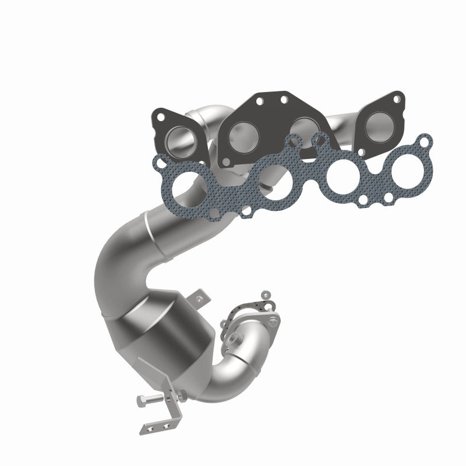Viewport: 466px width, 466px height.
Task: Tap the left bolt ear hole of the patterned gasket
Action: click(x=163, y=160)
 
